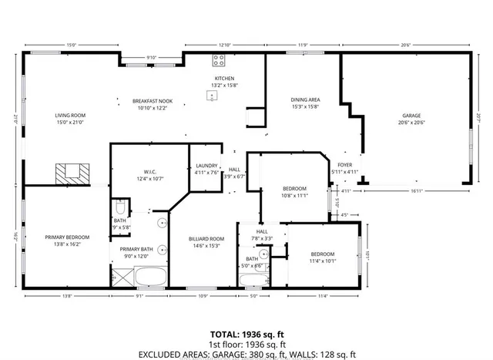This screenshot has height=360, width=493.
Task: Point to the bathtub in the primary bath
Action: pos(149,276)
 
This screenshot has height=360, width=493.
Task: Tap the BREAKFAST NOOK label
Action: pos(151,101)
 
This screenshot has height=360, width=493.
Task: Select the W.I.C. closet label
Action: pos(140,172)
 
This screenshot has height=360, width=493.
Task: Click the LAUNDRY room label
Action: pos(205,166)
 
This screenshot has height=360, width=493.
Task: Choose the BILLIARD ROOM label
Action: pos(206,239)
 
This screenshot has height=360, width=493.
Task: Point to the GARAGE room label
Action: pos(412,116)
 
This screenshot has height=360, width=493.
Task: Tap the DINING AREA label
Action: pos(305,100)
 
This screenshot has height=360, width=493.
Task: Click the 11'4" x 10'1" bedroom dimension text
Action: pos(322,261)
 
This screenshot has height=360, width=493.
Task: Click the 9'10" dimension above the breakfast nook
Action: pos(151,58)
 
